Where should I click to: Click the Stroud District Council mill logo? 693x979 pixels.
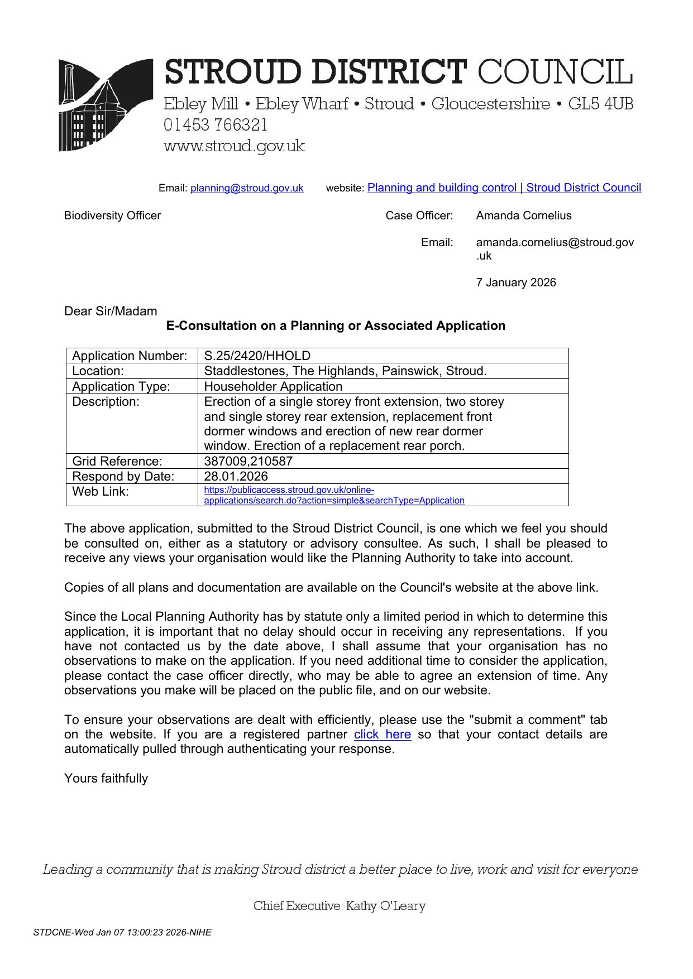(106, 105)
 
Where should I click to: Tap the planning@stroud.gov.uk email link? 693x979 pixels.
(247, 188)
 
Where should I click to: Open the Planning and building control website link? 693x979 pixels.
(504, 188)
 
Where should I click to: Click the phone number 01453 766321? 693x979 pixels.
(216, 125)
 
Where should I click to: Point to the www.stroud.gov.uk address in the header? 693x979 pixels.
(234, 146)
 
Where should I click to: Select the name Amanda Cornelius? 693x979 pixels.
(523, 215)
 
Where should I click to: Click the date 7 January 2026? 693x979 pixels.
(515, 282)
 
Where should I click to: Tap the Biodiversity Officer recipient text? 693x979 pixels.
(112, 215)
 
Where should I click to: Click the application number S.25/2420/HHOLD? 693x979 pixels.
(257, 356)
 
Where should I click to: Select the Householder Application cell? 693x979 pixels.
(273, 387)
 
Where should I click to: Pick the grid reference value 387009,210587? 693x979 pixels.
(248, 461)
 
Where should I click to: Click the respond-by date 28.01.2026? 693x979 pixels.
(236, 476)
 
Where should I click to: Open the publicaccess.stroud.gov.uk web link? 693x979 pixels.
(334, 495)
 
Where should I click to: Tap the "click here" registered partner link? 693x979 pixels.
(382, 735)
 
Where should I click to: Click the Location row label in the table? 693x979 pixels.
(98, 371)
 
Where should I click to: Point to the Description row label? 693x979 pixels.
(106, 402)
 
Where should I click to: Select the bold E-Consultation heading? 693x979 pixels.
(336, 326)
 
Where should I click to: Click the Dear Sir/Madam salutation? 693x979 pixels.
(111, 311)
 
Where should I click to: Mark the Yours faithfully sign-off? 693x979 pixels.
(106, 779)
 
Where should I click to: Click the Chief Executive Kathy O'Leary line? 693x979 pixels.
(339, 906)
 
